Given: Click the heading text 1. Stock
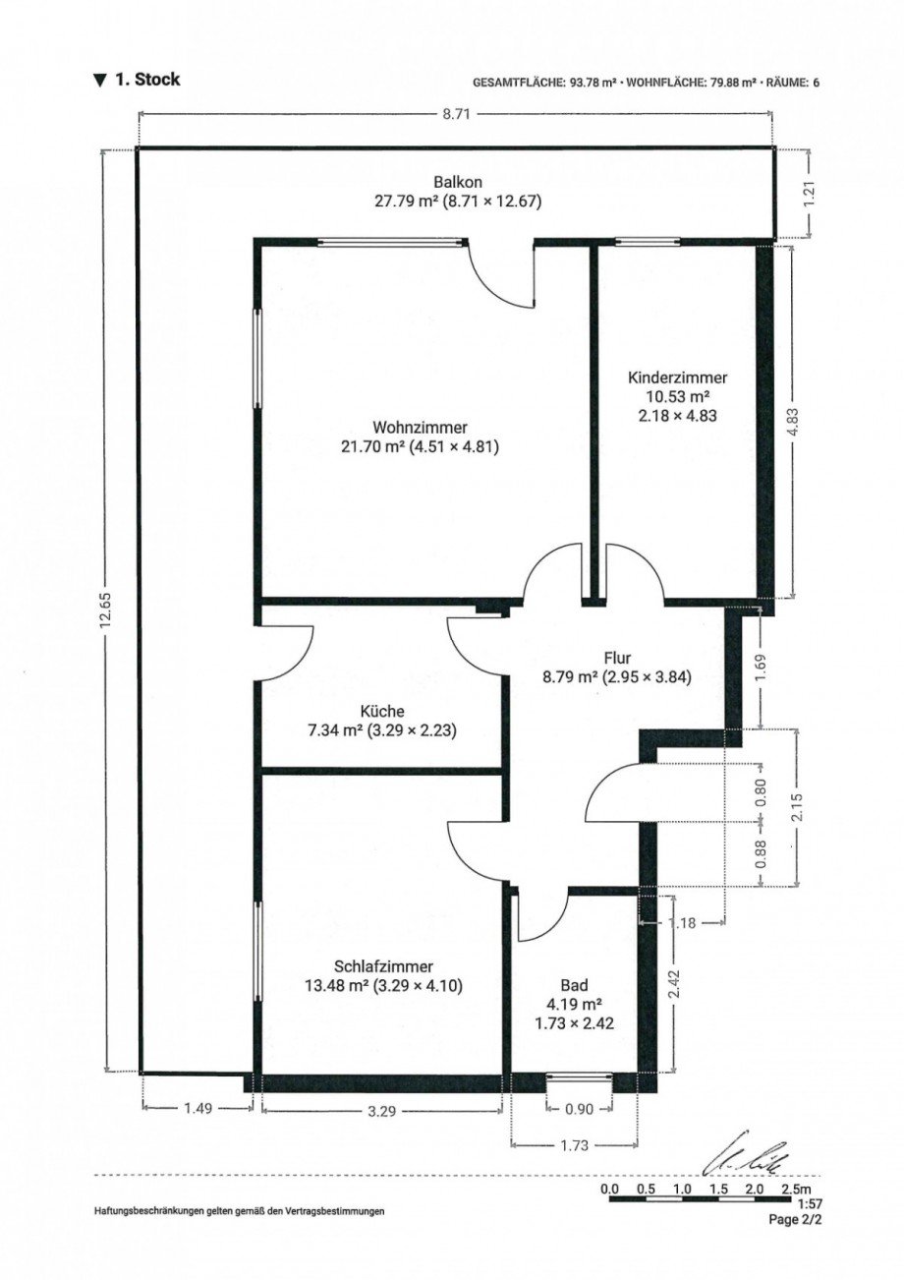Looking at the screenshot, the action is point(147,80).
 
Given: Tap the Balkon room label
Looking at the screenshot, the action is point(458,182).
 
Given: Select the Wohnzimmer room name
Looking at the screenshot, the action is point(421,427).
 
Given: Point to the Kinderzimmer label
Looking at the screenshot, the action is point(677,378).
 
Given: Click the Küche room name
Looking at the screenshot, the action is point(382,711).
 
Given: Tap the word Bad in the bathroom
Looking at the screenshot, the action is point(574,984).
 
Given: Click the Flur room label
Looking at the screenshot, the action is point(617,658).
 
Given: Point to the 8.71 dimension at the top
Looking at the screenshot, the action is point(456,114).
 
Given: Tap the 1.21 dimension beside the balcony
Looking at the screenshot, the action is point(810,193).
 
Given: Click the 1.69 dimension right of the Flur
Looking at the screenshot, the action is point(763,667).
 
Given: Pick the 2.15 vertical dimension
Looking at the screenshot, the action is point(797,806).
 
